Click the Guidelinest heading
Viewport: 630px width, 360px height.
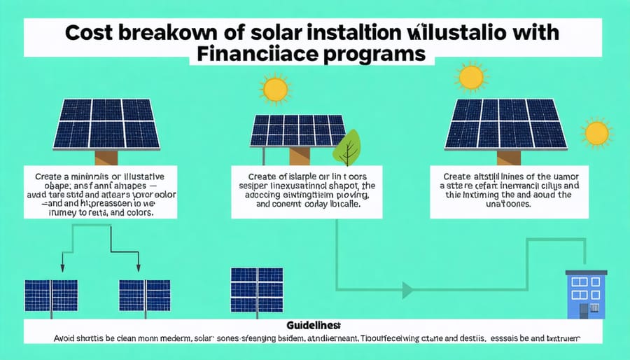[314, 326]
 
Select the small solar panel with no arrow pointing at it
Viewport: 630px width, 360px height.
[256, 289]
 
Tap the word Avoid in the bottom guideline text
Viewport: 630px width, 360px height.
[69, 338]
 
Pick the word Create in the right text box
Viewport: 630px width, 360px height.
[456, 176]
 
